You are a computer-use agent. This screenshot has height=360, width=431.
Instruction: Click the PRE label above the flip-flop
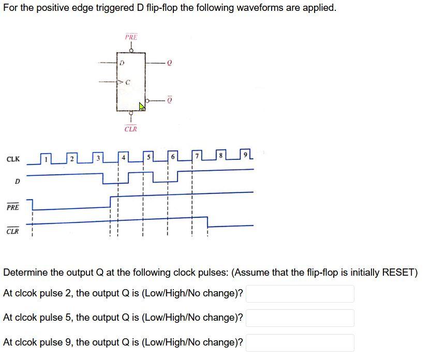[131, 37]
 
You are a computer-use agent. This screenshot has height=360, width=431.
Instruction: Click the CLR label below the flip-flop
[131, 129]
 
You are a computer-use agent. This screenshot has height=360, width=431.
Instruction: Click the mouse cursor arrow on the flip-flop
[142, 107]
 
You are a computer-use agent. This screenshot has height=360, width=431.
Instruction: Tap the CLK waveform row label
[13, 159]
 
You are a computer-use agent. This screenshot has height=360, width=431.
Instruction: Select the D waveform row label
[17, 182]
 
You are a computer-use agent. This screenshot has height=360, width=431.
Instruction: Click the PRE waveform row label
[13, 207]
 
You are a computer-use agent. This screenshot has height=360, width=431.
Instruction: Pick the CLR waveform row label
[13, 231]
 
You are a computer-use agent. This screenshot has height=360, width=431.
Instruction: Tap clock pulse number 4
[123, 157]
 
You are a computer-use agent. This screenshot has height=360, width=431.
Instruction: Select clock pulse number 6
[173, 157]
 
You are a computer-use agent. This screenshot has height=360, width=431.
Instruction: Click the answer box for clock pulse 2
[300, 293]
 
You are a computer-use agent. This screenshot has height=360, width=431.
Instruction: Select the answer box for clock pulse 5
[300, 318]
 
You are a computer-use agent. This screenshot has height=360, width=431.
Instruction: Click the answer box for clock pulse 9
[300, 342]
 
